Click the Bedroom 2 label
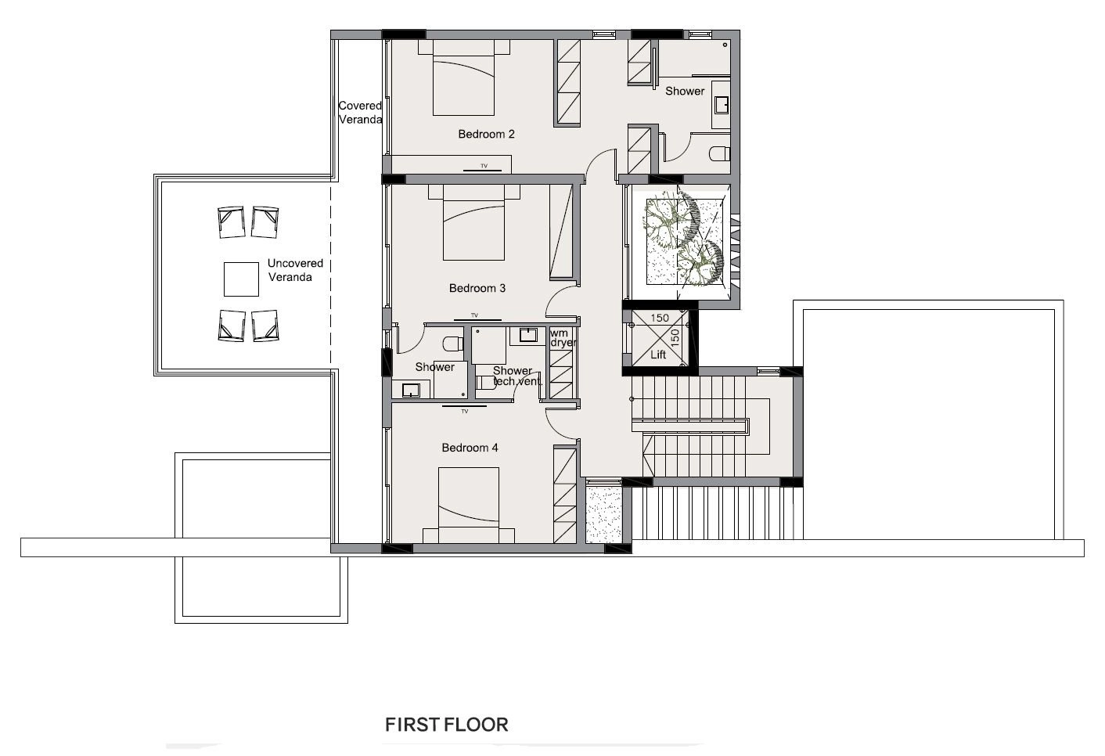[x=486, y=135]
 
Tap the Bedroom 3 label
[x=477, y=288]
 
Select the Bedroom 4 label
[x=470, y=448]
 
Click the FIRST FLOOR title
[x=446, y=725]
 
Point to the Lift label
[x=658, y=355]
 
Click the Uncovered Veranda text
[x=295, y=270]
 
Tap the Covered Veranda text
[x=360, y=113]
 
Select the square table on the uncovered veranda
[x=241, y=279]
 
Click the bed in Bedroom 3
[x=473, y=222]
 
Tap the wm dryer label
[x=563, y=338]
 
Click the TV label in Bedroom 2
[x=484, y=166]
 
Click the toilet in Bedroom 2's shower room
[x=720, y=154]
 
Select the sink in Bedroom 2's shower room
[x=722, y=105]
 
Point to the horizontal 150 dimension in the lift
[x=660, y=318]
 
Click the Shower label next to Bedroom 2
[x=685, y=91]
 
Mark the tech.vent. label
[x=517, y=381]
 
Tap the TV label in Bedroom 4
[x=464, y=411]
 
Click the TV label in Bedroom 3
[x=474, y=315]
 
